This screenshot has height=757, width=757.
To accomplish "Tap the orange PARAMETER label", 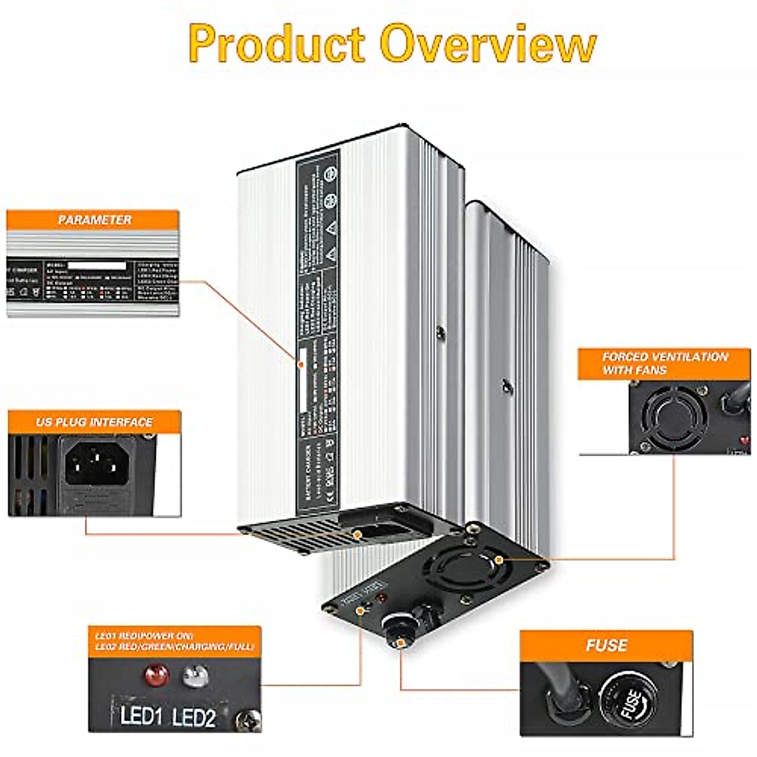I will [95, 220].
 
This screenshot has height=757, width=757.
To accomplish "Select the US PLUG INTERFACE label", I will [95, 422].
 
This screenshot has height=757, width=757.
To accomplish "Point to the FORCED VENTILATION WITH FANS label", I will [664, 363].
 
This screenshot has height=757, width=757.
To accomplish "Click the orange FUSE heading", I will [606, 645].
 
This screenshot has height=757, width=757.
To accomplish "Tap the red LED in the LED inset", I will [156, 677].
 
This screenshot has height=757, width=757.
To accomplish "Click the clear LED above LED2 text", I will [195, 677].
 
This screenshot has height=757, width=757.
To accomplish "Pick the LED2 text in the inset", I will [194, 718].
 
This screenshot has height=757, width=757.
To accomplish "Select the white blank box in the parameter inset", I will [96, 266].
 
